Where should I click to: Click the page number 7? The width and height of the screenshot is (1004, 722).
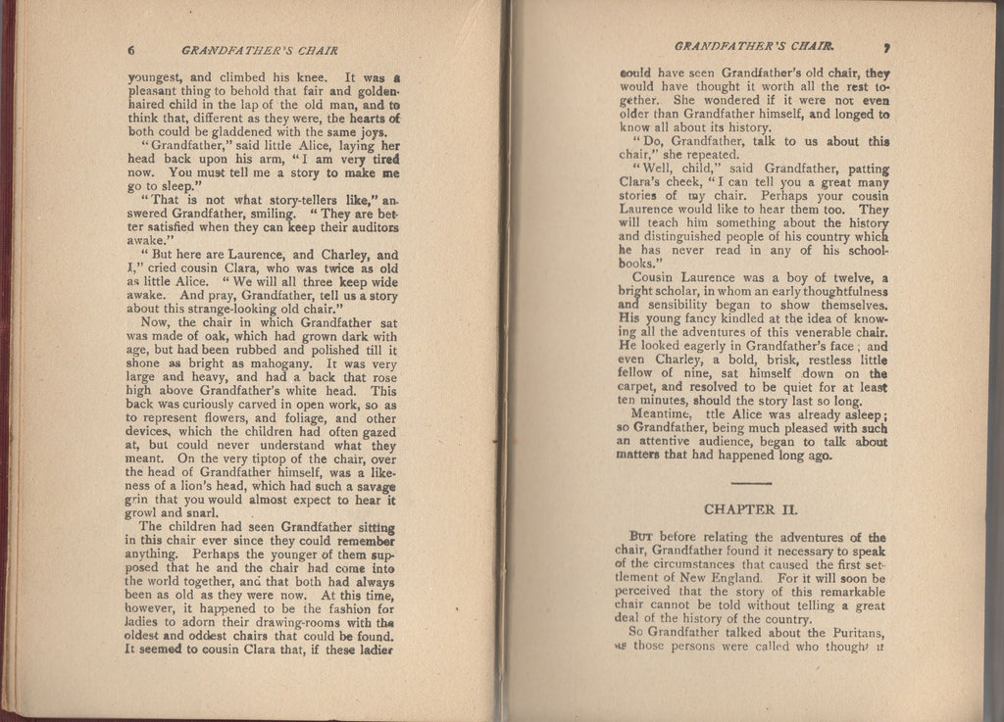pyautogui.click(x=884, y=46)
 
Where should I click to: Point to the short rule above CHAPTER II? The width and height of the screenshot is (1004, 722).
pyautogui.click(x=752, y=484)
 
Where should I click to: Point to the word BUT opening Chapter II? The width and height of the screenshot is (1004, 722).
pyautogui.click(x=640, y=537)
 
